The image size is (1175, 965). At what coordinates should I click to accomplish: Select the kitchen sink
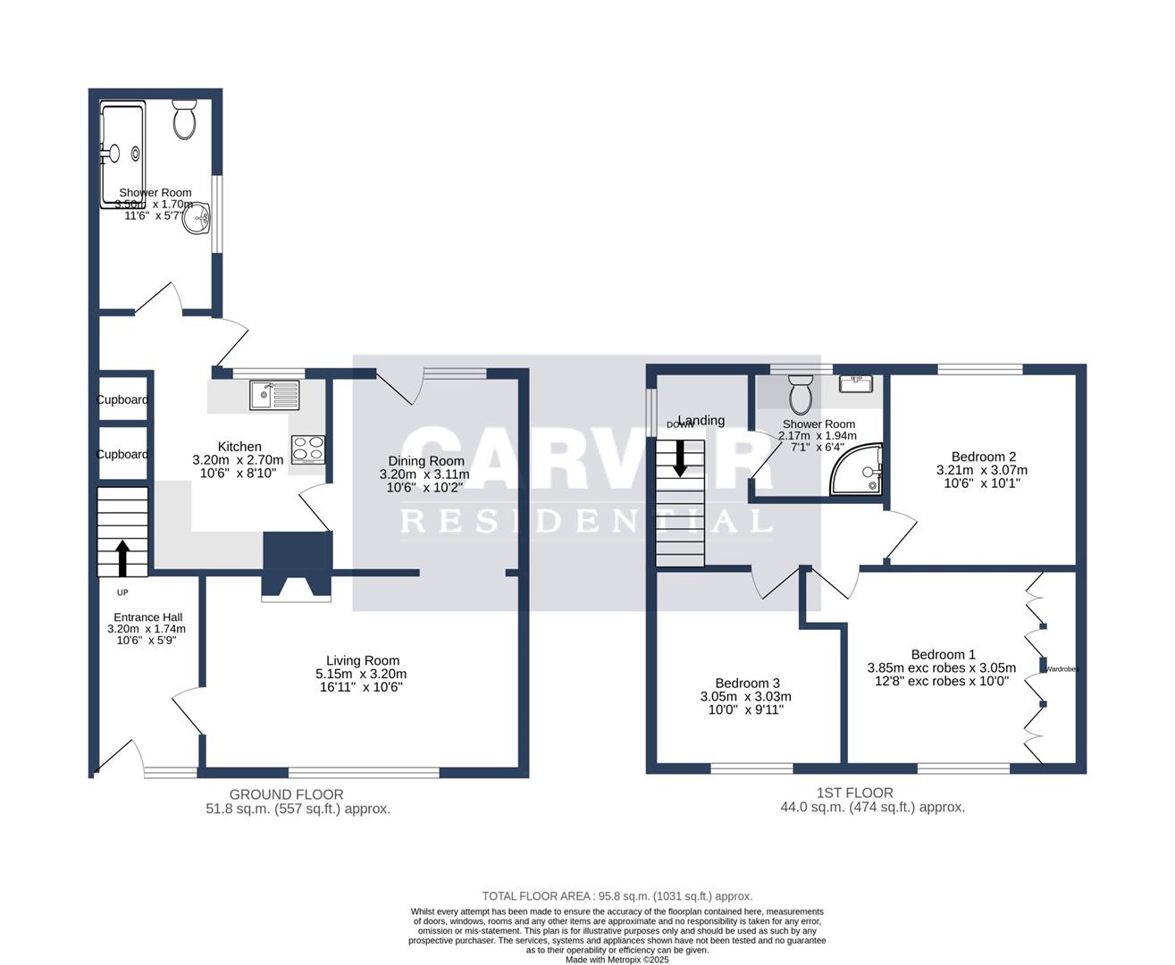coord(275,394)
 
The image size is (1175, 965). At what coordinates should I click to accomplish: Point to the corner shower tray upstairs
coord(859,471)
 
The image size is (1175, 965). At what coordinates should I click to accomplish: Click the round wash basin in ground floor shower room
coord(197,219)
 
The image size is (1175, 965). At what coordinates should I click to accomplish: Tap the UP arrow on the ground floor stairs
coord(122,558)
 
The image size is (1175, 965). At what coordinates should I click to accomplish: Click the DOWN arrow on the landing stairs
coord(680,457)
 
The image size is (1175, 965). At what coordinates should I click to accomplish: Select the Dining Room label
coord(425,461)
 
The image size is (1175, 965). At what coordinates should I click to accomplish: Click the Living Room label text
coord(362,661)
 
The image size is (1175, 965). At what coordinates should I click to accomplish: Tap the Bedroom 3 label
coord(747,684)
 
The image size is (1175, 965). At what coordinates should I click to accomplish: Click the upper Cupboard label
coord(122,400)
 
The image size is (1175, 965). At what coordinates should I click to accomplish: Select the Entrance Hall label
coord(147,617)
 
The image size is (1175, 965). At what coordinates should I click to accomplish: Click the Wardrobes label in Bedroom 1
coord(1062,668)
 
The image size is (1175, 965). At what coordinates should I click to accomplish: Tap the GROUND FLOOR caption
coord(286,794)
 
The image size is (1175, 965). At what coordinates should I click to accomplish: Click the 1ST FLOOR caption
coord(854,793)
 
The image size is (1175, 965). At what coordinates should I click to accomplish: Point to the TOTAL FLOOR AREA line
coord(617,896)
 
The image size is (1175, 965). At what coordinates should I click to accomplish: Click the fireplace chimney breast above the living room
coord(297,558)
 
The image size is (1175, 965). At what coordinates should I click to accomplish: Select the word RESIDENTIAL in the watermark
coord(586,521)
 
